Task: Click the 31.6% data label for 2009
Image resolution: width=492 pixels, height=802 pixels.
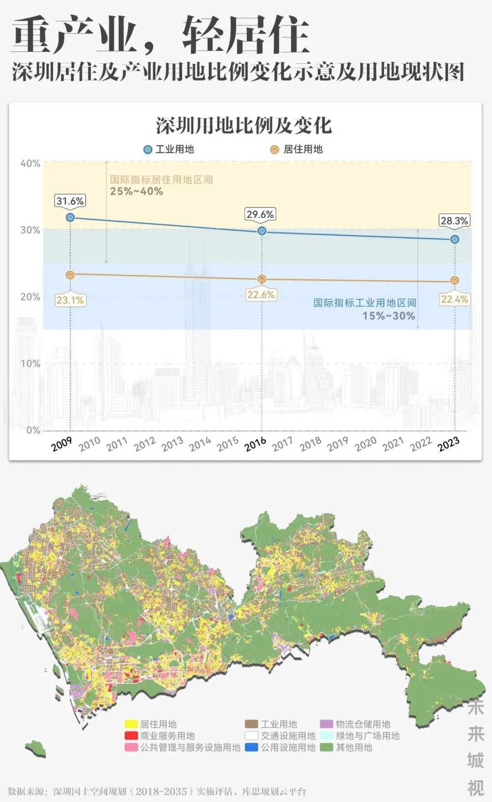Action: click(70, 201)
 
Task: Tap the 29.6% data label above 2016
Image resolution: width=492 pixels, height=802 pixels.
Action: click(260, 214)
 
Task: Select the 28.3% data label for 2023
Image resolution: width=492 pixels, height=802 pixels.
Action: click(454, 221)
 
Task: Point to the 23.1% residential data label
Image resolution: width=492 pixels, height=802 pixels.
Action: click(70, 300)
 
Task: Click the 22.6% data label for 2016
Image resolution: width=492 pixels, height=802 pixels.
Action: click(261, 295)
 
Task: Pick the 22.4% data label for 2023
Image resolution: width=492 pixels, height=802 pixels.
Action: click(454, 299)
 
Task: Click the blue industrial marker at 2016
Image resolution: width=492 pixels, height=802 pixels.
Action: click(261, 231)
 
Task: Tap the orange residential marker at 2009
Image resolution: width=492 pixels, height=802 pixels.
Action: click(70, 275)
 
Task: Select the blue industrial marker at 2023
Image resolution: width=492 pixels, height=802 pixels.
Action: click(455, 239)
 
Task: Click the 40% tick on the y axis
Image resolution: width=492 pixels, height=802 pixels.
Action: click(30, 163)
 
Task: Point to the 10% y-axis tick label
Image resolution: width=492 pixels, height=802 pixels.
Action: click(30, 363)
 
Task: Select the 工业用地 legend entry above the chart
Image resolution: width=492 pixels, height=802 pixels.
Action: click(169, 149)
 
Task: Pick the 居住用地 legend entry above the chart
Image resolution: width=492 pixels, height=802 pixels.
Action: click(297, 149)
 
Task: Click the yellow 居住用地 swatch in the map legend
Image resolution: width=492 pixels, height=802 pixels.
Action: click(131, 724)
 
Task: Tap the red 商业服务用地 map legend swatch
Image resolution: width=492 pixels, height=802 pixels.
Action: click(131, 736)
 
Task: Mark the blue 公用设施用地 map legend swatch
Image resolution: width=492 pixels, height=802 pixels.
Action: click(251, 747)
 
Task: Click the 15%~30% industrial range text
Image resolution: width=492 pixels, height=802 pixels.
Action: click(389, 316)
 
